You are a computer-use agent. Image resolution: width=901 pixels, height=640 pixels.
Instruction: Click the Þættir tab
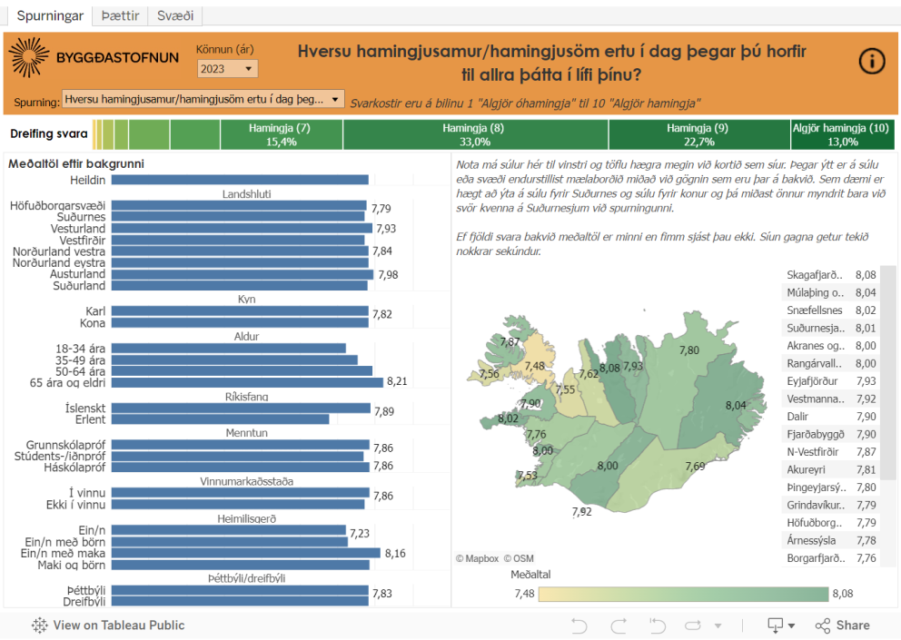tap(120, 16)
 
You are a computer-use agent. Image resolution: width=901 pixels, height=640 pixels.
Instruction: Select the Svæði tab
tap(175, 16)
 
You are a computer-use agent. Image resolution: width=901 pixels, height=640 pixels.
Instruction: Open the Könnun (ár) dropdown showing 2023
tap(228, 69)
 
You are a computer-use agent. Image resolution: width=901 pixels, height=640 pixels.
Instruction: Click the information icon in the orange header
tap(872, 61)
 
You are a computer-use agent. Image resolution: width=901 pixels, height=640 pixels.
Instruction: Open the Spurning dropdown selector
tap(203, 99)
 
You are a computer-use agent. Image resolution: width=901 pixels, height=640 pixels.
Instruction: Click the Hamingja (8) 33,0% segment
tap(475, 134)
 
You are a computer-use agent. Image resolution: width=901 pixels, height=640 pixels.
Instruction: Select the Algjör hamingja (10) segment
tap(841, 134)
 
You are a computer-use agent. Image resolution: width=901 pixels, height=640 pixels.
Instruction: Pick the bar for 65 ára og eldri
tap(246, 382)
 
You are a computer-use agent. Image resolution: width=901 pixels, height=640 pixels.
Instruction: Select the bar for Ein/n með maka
tap(244, 553)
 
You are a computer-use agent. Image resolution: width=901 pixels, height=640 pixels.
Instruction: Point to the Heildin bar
tap(239, 180)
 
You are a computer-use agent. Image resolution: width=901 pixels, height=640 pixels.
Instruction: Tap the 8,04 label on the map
tap(736, 405)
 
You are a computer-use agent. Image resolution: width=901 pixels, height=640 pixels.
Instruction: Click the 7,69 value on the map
tap(695, 466)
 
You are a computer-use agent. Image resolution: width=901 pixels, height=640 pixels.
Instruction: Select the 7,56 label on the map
tap(489, 374)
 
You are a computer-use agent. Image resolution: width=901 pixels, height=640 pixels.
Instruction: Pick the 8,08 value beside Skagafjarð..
tap(865, 274)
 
